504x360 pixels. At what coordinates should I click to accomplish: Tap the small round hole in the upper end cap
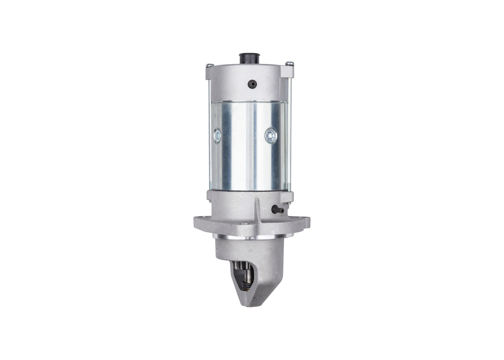tap(252, 84)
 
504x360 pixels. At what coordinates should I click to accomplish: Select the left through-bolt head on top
tap(209, 65)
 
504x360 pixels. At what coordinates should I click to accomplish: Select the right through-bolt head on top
tap(289, 63)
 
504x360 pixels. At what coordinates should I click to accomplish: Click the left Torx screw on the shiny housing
tap(217, 136)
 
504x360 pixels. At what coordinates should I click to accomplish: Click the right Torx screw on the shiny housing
tap(271, 136)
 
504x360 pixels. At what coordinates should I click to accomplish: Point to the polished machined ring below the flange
tap(252, 237)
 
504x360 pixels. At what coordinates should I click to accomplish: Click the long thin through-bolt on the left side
tap(209, 134)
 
